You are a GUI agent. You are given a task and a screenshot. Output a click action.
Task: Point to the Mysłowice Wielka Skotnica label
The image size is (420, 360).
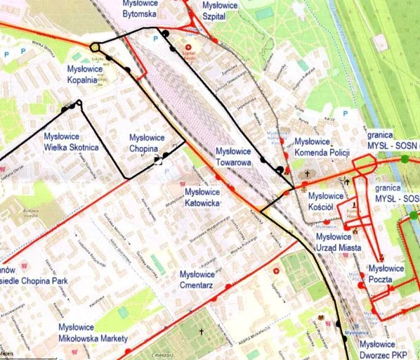71,143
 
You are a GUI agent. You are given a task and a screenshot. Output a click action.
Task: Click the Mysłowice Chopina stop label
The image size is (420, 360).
147,143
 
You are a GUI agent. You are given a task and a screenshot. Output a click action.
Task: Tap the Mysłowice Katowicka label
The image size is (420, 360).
201,198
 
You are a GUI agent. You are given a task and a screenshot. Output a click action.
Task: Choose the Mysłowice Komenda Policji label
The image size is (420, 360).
322,147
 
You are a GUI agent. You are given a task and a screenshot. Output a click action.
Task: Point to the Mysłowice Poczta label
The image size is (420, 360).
386,274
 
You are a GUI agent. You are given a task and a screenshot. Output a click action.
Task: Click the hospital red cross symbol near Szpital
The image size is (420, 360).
188,46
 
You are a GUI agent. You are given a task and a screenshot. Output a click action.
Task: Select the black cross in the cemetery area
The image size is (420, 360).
201,330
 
